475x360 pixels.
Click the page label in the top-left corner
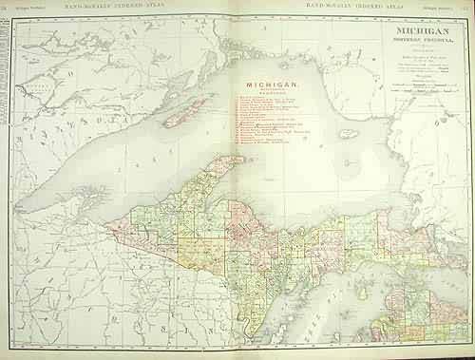click(21, 7)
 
